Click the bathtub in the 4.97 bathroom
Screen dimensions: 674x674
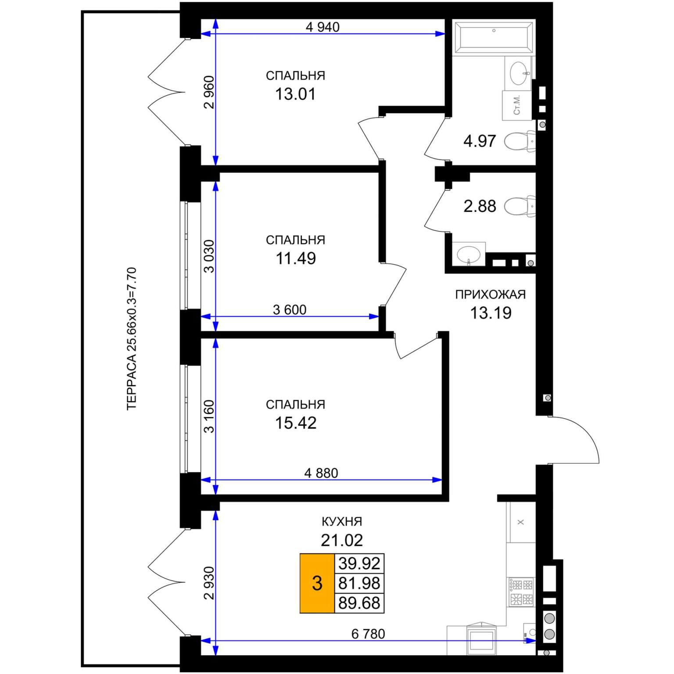pyautogui.click(x=494, y=38)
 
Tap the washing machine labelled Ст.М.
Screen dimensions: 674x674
pyautogui.click(x=517, y=105)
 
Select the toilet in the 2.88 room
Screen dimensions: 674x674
pyautogui.click(x=520, y=206)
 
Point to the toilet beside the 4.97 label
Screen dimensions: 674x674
pyautogui.click(x=520, y=141)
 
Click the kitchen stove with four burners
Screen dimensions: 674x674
pyautogui.click(x=521, y=592)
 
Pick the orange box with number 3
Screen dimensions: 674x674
pyautogui.click(x=317, y=583)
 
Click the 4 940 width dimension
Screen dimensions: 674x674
pyautogui.click(x=323, y=27)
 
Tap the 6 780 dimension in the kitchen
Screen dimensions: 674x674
pyautogui.click(x=368, y=634)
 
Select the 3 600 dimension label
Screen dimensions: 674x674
pyautogui.click(x=290, y=310)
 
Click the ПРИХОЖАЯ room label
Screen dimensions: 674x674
pyautogui.click(x=490, y=294)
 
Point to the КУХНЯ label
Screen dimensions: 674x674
pyautogui.click(x=342, y=522)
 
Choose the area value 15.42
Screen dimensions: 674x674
pyautogui.click(x=296, y=423)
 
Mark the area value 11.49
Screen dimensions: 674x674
pyautogui.click(x=296, y=258)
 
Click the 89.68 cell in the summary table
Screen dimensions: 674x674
pyautogui.click(x=359, y=603)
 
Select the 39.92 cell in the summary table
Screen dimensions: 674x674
pyautogui.click(x=359, y=563)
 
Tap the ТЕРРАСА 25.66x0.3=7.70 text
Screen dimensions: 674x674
pyautogui.click(x=132, y=339)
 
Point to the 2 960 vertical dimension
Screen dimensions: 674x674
pyautogui.click(x=209, y=92)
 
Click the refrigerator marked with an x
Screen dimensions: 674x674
pyautogui.click(x=521, y=522)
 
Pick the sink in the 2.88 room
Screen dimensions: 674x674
pyautogui.click(x=469, y=254)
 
